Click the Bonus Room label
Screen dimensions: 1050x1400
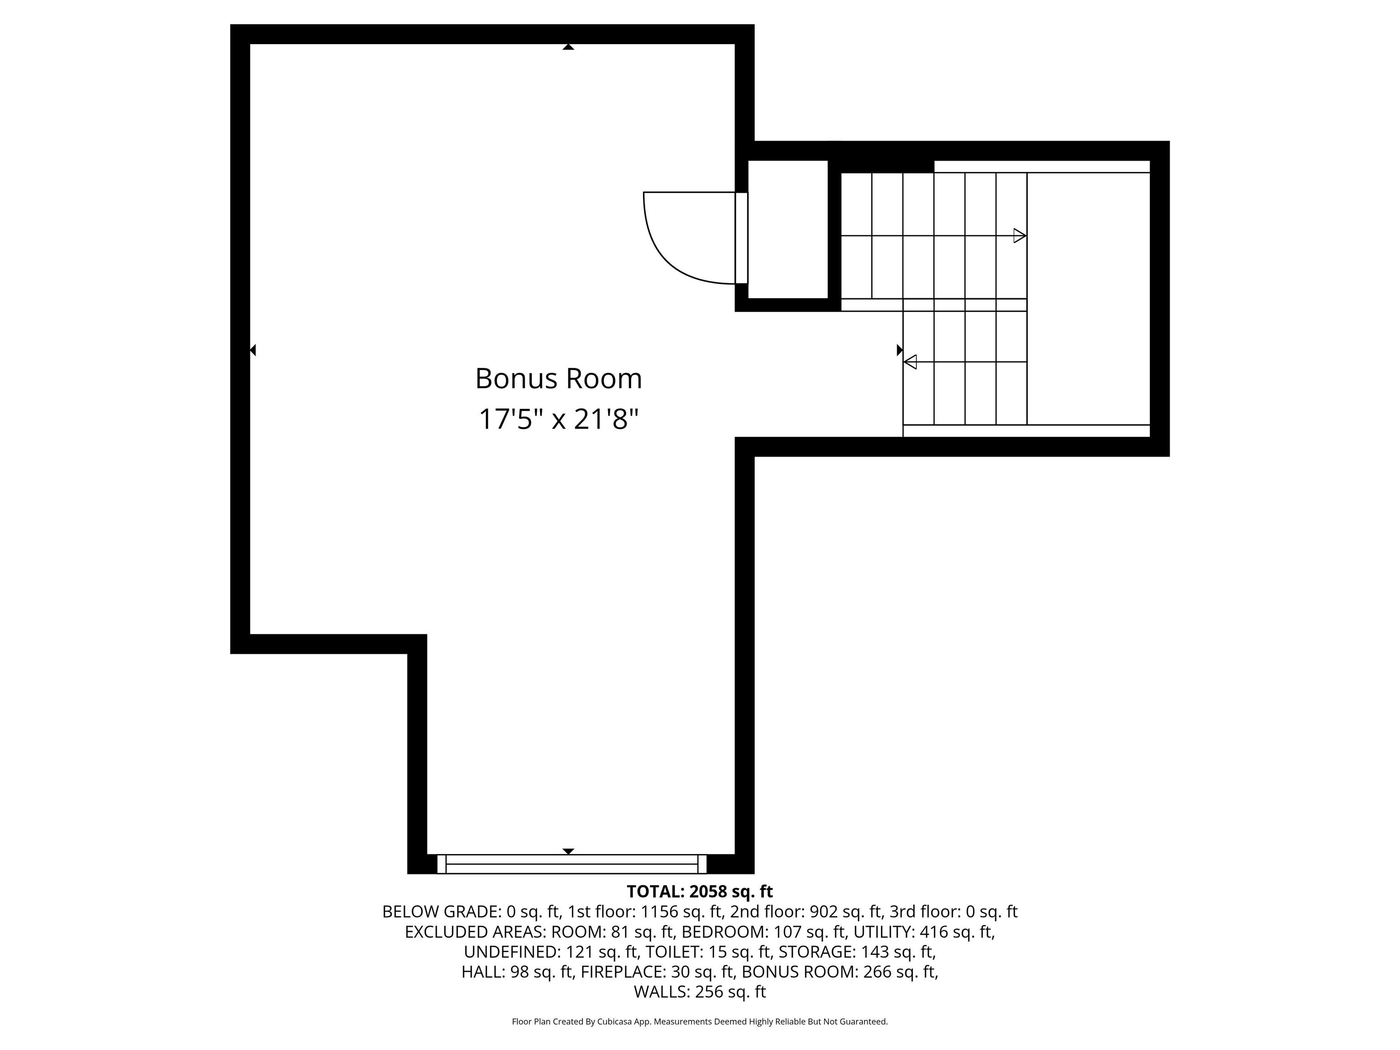click(x=558, y=378)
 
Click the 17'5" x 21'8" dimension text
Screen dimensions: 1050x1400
click(x=558, y=419)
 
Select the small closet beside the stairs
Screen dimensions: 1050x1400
click(x=788, y=229)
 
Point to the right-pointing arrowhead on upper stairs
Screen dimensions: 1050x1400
click(x=1019, y=236)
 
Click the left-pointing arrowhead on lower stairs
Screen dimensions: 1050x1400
click(x=910, y=362)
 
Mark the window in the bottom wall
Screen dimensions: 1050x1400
click(x=571, y=864)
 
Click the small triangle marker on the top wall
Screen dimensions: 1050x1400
click(x=568, y=47)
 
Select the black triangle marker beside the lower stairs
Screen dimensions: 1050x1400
click(x=899, y=350)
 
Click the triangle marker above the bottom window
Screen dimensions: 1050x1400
click(x=568, y=851)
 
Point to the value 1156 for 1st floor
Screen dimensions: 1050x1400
click(x=658, y=911)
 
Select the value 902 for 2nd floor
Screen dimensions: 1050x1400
click(x=824, y=911)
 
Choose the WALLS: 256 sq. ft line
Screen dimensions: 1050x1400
click(x=700, y=992)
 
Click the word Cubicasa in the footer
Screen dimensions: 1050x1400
click(x=614, y=1022)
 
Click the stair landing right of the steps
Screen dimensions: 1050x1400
click(x=1087, y=298)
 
